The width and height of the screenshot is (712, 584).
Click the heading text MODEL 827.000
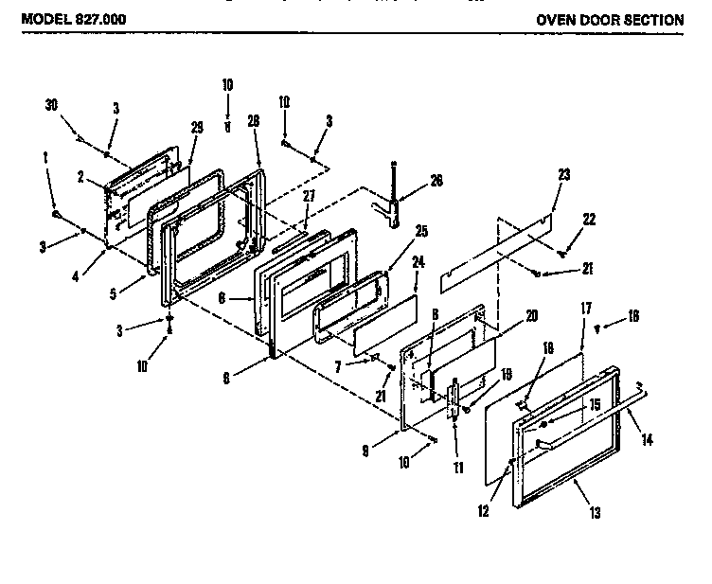pyautogui.click(x=72, y=19)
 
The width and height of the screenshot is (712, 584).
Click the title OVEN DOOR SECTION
pyautogui.click(x=609, y=19)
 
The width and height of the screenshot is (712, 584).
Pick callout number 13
pyautogui.click(x=596, y=513)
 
